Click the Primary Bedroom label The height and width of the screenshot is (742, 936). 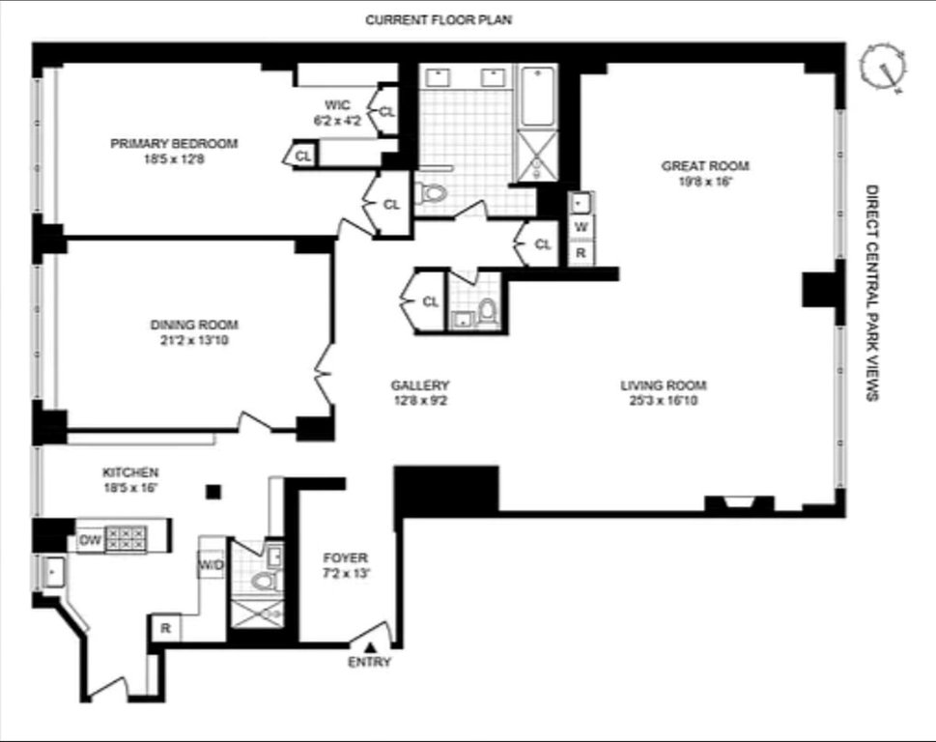pos(174,144)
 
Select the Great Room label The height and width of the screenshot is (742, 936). pos(705,166)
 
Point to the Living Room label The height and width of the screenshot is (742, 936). pos(664,385)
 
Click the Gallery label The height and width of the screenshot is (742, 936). pos(420,385)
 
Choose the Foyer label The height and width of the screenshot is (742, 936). pos(346,558)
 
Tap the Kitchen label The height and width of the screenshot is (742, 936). pos(130,472)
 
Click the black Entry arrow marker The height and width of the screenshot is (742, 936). pos(370,647)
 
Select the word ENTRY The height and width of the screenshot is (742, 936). pos(370,662)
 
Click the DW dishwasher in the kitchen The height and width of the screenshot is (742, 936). pos(90,541)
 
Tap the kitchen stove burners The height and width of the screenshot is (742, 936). pos(126,538)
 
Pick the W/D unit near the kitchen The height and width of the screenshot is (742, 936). pos(211,564)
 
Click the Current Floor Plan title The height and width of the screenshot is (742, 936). pos(439,19)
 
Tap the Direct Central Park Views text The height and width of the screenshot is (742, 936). pos(872,293)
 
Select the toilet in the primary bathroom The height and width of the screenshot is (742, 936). pos(431,193)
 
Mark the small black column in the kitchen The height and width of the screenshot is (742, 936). pos(213,492)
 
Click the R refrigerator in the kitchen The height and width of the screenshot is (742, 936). pos(165,628)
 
